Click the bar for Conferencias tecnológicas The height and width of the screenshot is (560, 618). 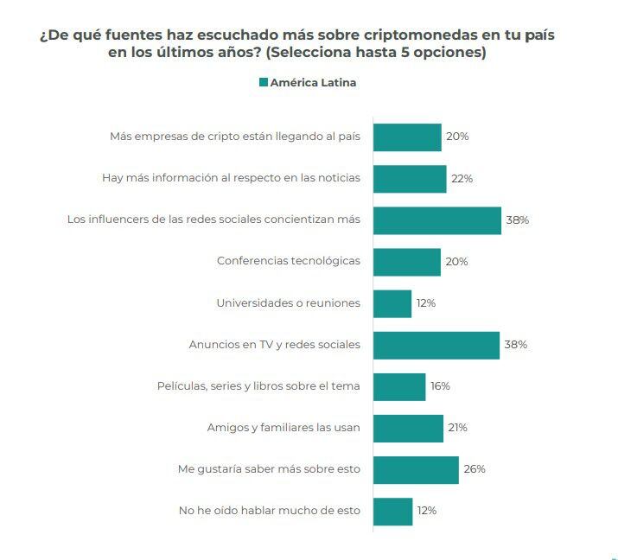point(406,262)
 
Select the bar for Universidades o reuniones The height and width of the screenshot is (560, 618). point(392,303)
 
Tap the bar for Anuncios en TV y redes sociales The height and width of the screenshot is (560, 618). point(436,345)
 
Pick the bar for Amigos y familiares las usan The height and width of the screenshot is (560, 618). point(408,428)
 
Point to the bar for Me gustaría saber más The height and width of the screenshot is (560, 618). point(416,469)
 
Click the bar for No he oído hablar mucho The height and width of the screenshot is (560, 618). point(392,511)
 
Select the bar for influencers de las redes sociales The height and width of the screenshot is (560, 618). point(436,220)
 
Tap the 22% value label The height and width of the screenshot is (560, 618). point(462,179)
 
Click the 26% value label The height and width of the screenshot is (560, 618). point(474,469)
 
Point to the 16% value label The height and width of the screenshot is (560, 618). point(440,386)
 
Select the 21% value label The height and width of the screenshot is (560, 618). point(457,428)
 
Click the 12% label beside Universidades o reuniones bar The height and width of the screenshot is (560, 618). point(425,303)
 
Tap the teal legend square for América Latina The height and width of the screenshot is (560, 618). point(263,83)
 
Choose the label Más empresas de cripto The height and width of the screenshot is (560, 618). point(235,137)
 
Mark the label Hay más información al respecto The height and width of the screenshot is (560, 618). point(231,179)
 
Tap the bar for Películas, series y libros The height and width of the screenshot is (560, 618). point(399,386)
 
